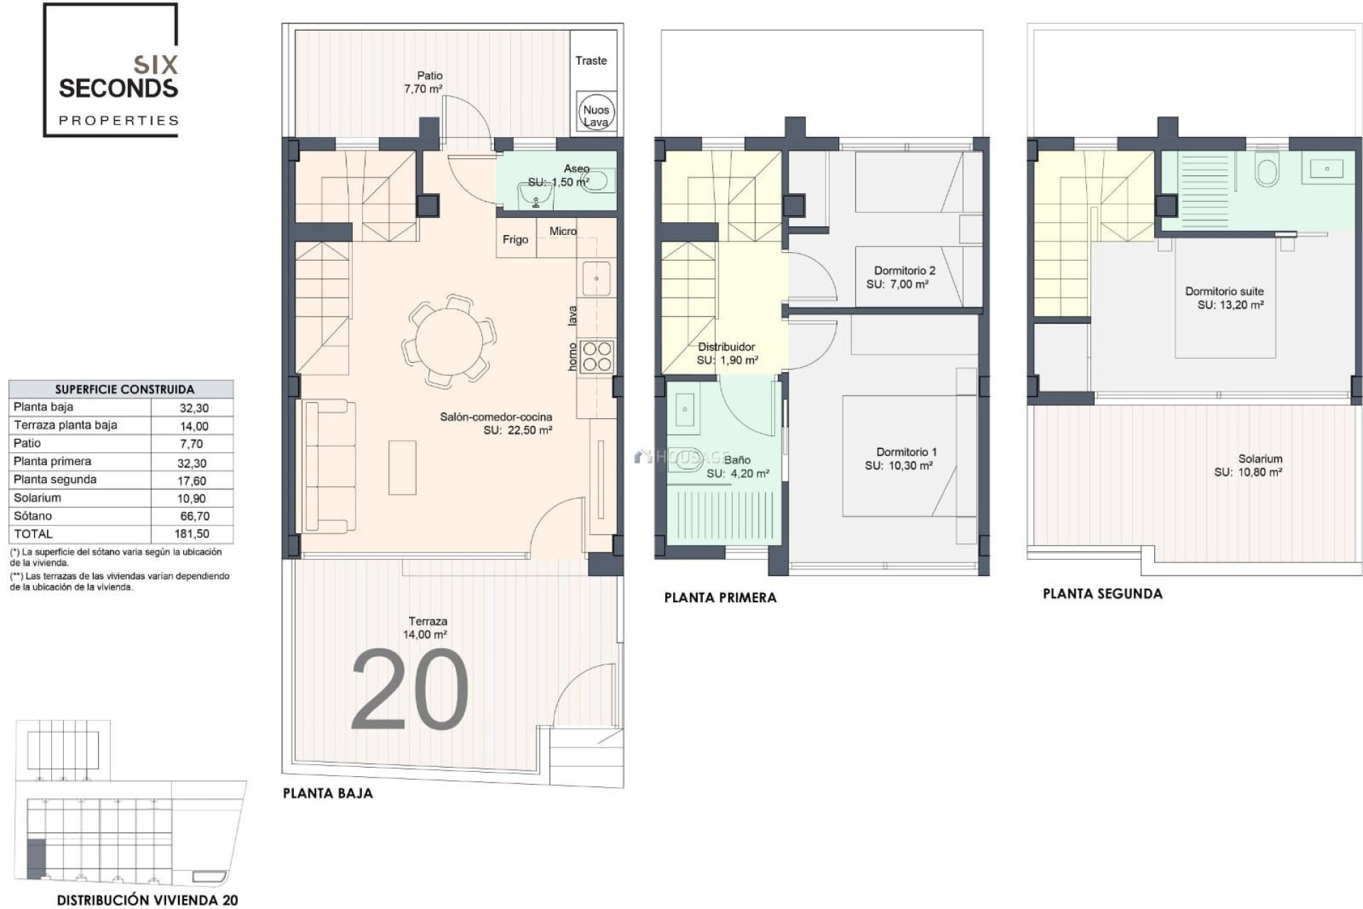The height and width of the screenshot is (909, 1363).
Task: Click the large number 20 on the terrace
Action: (x=410, y=691)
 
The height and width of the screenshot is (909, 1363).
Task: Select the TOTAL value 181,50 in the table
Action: (x=192, y=534)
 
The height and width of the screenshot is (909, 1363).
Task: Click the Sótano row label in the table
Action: (x=33, y=516)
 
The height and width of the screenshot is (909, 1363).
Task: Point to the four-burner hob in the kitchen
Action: (x=596, y=357)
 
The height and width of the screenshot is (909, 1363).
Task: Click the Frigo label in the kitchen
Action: (x=515, y=240)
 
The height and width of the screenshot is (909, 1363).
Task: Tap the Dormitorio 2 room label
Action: (x=904, y=271)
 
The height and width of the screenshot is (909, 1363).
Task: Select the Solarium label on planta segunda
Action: (x=1260, y=459)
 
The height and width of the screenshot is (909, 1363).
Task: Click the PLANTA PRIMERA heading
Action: (x=720, y=598)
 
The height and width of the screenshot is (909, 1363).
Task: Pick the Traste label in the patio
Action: (x=591, y=61)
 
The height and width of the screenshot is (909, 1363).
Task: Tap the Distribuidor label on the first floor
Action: (x=726, y=347)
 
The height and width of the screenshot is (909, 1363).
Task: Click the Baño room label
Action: (x=737, y=460)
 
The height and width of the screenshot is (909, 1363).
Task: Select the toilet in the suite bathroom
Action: (x=1266, y=171)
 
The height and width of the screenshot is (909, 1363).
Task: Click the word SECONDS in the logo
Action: (x=118, y=89)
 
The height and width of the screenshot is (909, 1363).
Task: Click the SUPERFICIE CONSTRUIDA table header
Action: (x=124, y=389)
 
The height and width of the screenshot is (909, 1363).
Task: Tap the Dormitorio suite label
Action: (x=1224, y=291)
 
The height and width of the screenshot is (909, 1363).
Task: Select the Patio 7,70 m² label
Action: (x=423, y=82)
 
